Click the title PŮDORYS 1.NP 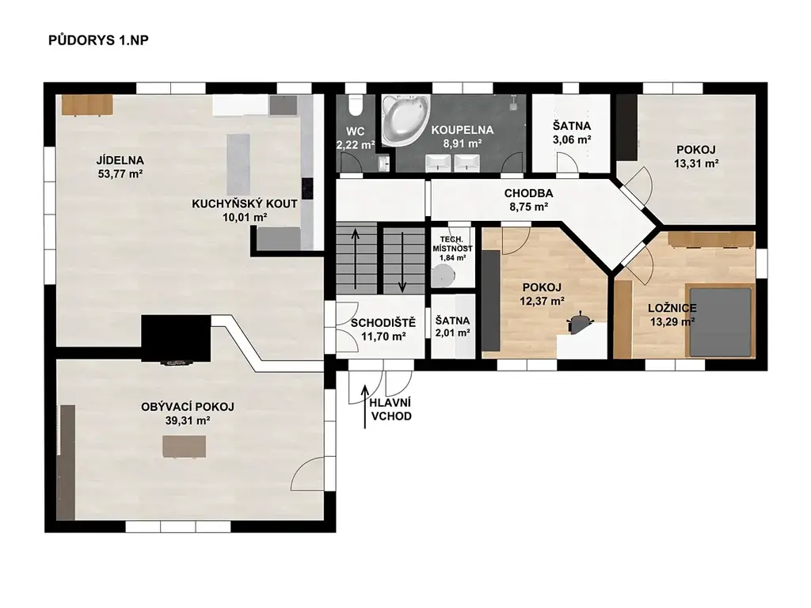pos(98,40)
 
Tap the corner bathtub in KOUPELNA pos(405,120)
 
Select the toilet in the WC pos(356,105)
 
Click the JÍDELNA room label pos(120,160)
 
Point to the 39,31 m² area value pos(187,421)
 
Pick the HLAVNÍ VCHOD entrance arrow pos(365,406)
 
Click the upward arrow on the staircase pos(356,258)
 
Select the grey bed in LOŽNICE pos(720,321)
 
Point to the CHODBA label pos(528,193)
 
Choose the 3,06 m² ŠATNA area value pos(572,139)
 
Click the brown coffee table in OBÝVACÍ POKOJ pos(184,446)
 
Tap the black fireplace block pos(176,339)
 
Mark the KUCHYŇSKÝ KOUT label pos(245,203)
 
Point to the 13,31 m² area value pos(696,164)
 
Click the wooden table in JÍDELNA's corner pos(87,105)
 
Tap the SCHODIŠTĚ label pos(383,323)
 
